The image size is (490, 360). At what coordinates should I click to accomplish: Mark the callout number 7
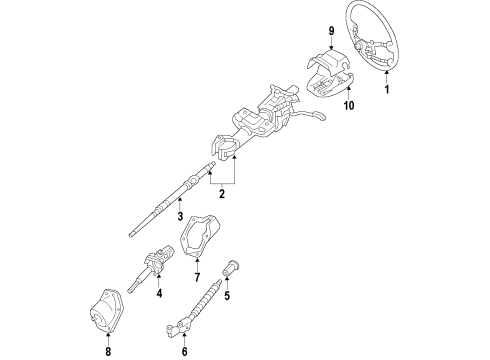point(197,276)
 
